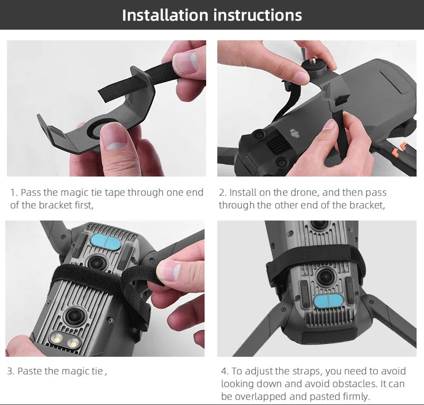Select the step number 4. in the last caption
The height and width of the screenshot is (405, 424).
pos(225,371)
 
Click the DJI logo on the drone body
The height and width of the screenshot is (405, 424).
pos(294,134)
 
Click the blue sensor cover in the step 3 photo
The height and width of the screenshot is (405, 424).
pos(107,240)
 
